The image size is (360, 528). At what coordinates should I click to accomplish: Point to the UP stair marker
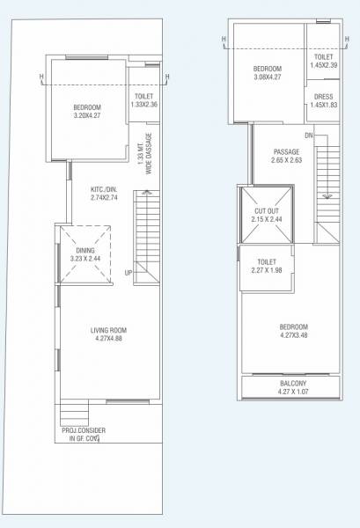pyautogui.click(x=129, y=272)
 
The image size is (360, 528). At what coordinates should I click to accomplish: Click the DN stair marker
pyautogui.click(x=308, y=136)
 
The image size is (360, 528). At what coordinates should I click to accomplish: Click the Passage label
pyautogui.click(x=287, y=152)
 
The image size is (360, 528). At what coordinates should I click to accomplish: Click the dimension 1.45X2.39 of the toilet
pyautogui.click(x=322, y=65)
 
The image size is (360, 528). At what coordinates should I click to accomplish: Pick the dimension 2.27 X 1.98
pyautogui.click(x=268, y=270)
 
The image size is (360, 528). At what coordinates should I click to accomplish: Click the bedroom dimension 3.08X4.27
pyautogui.click(x=268, y=77)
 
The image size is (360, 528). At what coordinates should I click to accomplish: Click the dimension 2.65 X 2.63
pyautogui.click(x=287, y=160)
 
